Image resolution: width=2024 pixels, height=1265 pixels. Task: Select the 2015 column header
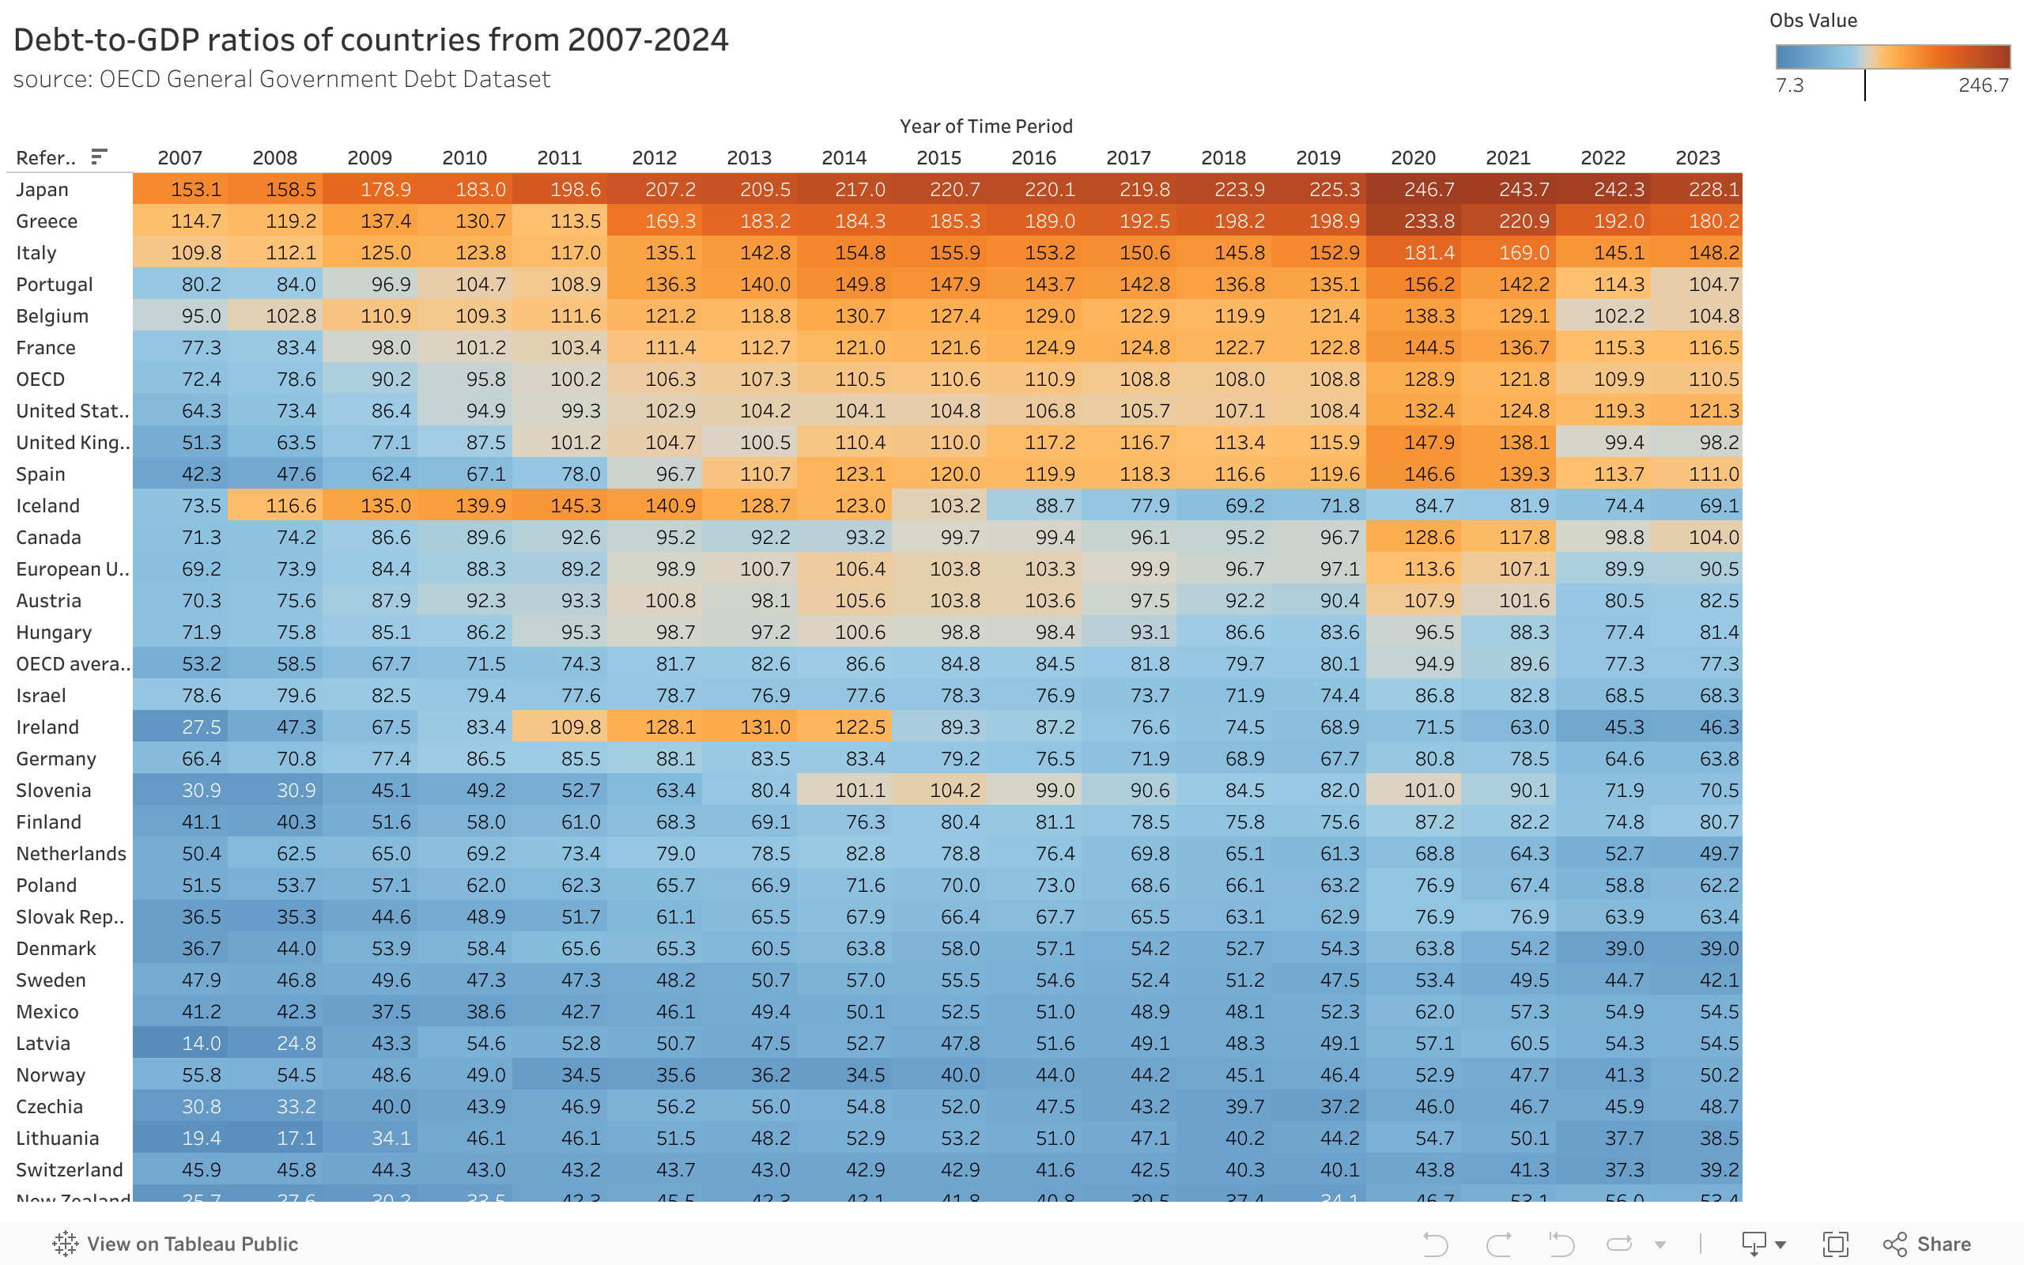click(938, 157)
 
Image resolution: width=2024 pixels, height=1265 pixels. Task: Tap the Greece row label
click(47, 221)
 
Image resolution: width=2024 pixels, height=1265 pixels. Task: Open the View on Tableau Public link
click(176, 1244)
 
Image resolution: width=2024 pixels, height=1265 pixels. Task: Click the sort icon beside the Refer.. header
click(99, 157)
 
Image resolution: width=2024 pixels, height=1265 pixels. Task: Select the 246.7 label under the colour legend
click(1982, 85)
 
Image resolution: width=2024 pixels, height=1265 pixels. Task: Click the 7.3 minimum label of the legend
click(1790, 85)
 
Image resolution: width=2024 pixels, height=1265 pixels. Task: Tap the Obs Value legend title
click(1812, 21)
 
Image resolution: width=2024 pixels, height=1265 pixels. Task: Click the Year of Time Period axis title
click(985, 126)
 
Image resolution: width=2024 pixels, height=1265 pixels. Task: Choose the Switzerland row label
click(70, 1169)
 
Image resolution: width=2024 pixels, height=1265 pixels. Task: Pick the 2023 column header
click(1697, 157)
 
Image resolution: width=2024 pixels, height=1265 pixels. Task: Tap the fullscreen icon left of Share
click(1835, 1244)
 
